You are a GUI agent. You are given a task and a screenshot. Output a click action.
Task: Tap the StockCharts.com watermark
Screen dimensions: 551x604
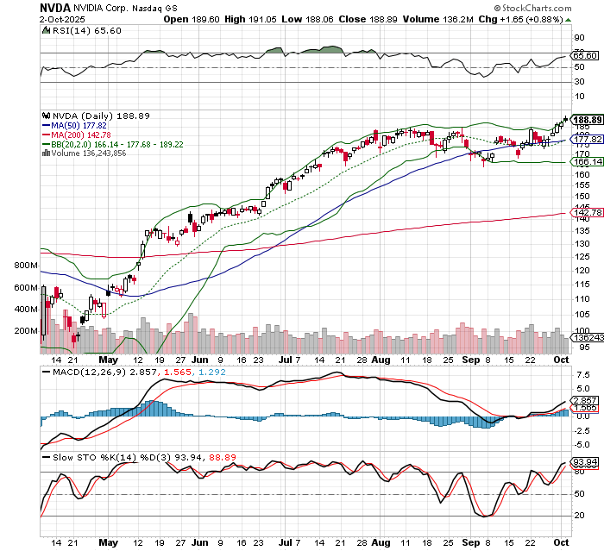pos(557,8)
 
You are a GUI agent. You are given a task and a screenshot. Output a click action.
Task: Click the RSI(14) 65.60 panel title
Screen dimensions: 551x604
pos(74,30)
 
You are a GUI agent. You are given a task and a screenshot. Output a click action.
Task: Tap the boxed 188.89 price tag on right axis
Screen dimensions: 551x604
pos(587,121)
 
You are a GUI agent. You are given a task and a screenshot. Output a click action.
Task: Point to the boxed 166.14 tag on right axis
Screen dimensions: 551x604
pos(587,161)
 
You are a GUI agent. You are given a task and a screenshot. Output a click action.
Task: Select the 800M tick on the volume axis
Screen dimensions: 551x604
pos(25,265)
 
